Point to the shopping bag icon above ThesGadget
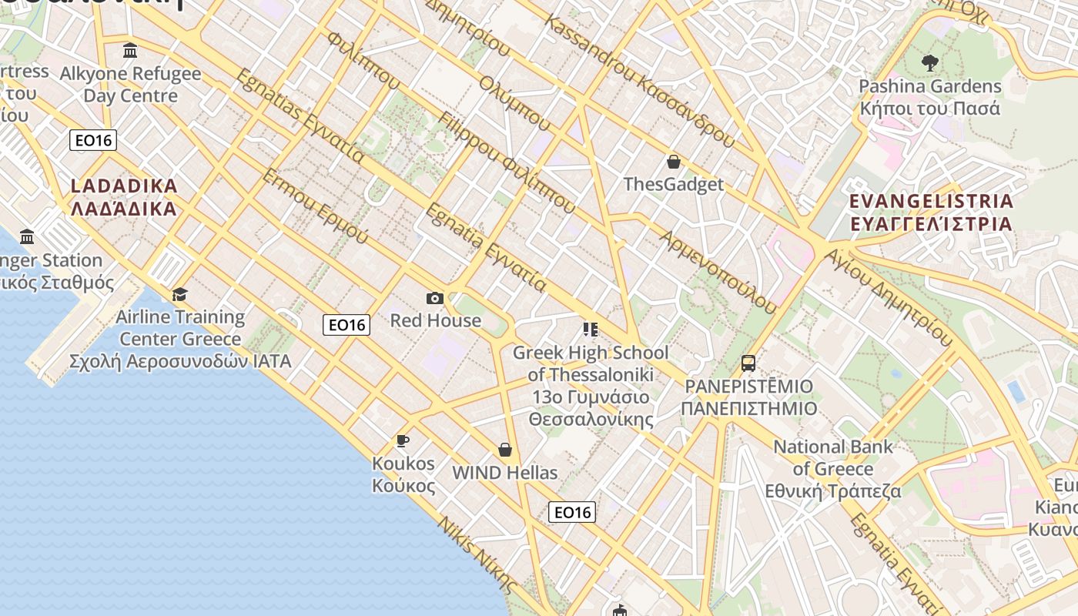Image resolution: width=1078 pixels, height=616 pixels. point(674,162)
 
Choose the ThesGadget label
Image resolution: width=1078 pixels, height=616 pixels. point(674,184)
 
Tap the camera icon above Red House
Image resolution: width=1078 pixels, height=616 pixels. point(435,298)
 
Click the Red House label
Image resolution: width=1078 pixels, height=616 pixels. point(435,320)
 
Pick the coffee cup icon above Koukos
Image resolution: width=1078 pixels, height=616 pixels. point(402,440)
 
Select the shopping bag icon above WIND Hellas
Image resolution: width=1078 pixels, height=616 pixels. point(505,450)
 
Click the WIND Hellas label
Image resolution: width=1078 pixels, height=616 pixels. point(505,473)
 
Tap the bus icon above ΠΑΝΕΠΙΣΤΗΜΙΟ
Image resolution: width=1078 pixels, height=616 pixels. point(748,363)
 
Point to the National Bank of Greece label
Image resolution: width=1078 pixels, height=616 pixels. point(833,468)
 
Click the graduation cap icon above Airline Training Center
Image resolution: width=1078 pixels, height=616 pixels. point(180,294)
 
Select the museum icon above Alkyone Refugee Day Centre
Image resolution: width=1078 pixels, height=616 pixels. point(130,51)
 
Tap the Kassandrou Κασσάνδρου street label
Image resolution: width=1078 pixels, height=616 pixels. point(639,79)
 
